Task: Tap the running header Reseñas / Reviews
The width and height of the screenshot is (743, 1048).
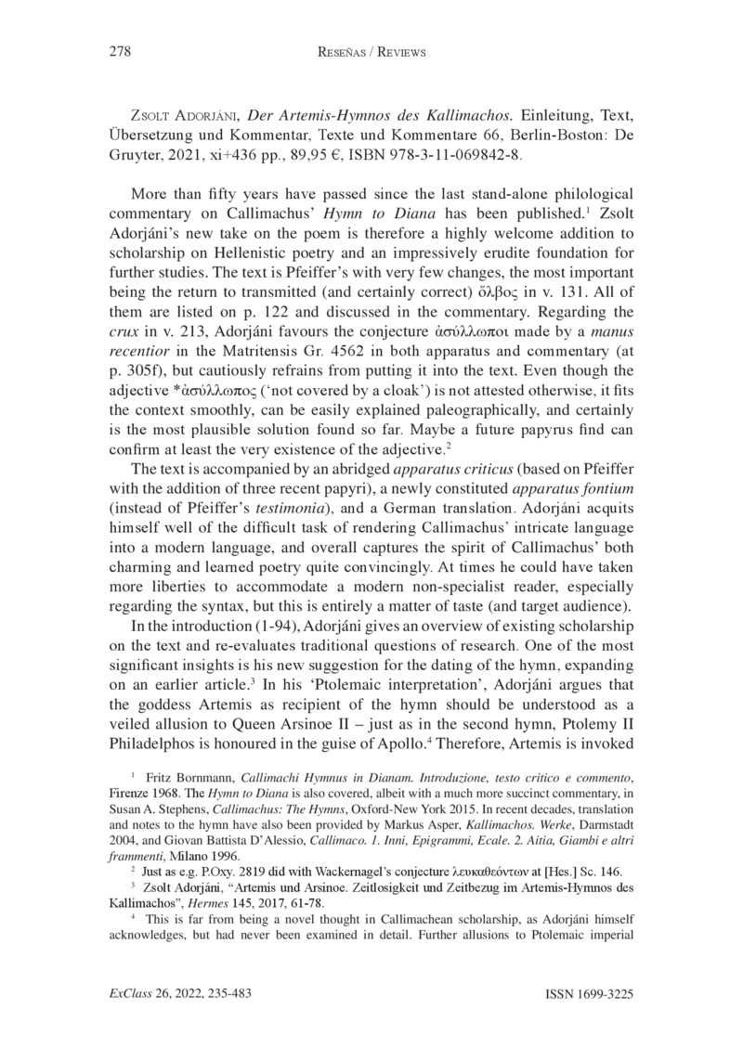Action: tap(371, 53)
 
